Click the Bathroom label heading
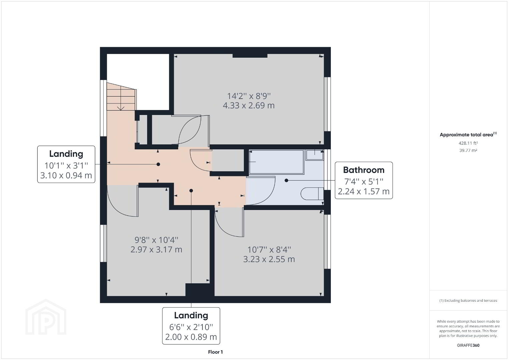pos(364,170)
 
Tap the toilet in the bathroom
pos(312,194)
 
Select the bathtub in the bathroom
pos(277,162)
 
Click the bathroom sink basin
pos(315,155)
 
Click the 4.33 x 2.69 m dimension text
pos(248,106)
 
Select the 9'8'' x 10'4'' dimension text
pos(156,240)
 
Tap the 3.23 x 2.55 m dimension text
pos(269,259)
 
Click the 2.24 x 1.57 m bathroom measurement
pos(364,191)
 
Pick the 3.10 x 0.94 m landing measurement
pos(66,175)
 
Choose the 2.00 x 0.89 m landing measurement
pos(191,337)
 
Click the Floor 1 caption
pos(215,352)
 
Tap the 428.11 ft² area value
pos(468,143)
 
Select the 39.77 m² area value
pos(468,150)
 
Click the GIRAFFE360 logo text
pos(468,345)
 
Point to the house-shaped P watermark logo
pos(46,317)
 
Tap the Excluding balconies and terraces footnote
pos(468,300)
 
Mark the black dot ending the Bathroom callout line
pos(286,180)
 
